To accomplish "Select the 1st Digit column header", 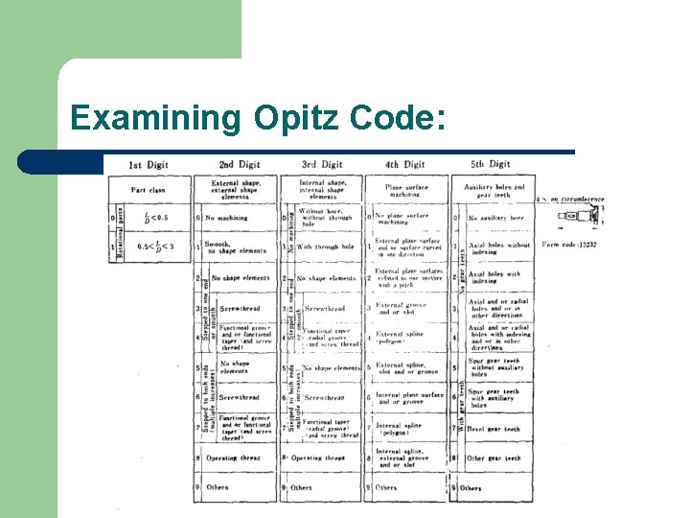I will pos(149,164).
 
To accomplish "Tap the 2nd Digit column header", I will pos(239,164).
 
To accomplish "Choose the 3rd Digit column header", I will pos(321,164).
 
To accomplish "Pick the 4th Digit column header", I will pos(405,164).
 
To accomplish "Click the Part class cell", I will pos(148,190).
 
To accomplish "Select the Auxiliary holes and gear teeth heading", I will pos(494,191).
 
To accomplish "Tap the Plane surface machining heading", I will pos(406,191).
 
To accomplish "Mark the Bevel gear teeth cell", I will pos(494,430).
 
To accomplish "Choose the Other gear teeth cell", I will pos(495,459).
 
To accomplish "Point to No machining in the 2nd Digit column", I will pos(226,218).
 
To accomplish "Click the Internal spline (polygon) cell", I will pos(401,429).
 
